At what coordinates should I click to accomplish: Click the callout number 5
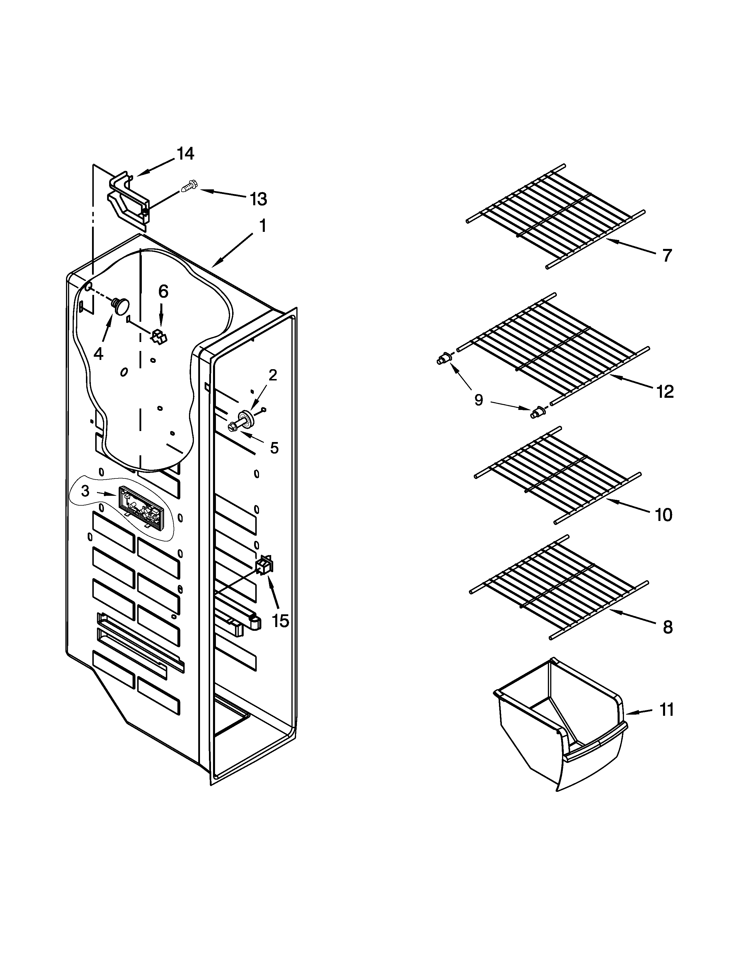(274, 448)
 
